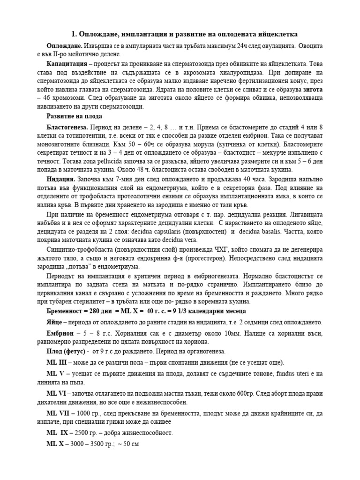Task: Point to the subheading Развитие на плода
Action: pyautogui.click(x=74, y=116)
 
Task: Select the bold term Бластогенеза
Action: pyautogui.click(x=67, y=127)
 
